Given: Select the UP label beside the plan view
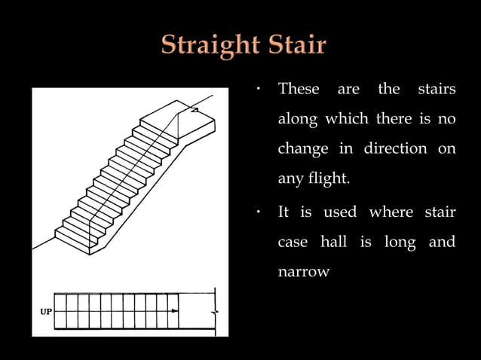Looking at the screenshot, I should (44, 310).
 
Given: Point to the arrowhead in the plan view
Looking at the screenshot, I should (175, 310).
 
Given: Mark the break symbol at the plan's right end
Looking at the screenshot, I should (215, 310).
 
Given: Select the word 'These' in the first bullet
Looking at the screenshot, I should (299, 90).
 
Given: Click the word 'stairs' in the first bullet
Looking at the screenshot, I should (437, 90).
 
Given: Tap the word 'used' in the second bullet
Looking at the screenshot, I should (340, 212).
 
